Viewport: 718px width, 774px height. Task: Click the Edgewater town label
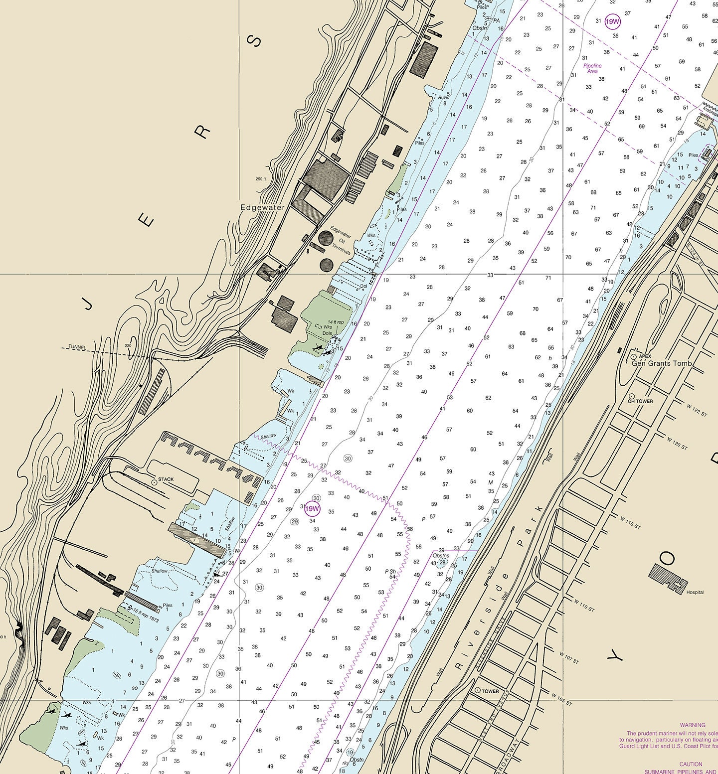pos(262,207)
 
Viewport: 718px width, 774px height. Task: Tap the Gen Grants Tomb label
pos(662,363)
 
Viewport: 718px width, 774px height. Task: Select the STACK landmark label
pos(166,479)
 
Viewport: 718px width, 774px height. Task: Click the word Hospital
pos(695,592)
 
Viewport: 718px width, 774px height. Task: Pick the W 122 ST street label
pos(697,411)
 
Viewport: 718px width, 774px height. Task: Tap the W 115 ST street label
pos(630,522)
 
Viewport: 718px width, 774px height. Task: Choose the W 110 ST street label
pos(584,605)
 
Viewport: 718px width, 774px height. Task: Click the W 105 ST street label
pos(561,699)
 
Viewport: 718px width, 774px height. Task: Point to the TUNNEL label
pos(77,347)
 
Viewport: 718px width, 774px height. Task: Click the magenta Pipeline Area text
pos(592,68)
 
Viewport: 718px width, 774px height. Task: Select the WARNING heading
pos(693,725)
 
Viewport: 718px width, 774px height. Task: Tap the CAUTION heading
pos(691,764)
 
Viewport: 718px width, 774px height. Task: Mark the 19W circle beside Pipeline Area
pos(612,22)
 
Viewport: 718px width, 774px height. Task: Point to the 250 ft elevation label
pos(261,179)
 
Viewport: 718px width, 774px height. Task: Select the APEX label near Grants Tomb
pos(645,356)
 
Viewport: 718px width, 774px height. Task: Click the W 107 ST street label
pos(569,657)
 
